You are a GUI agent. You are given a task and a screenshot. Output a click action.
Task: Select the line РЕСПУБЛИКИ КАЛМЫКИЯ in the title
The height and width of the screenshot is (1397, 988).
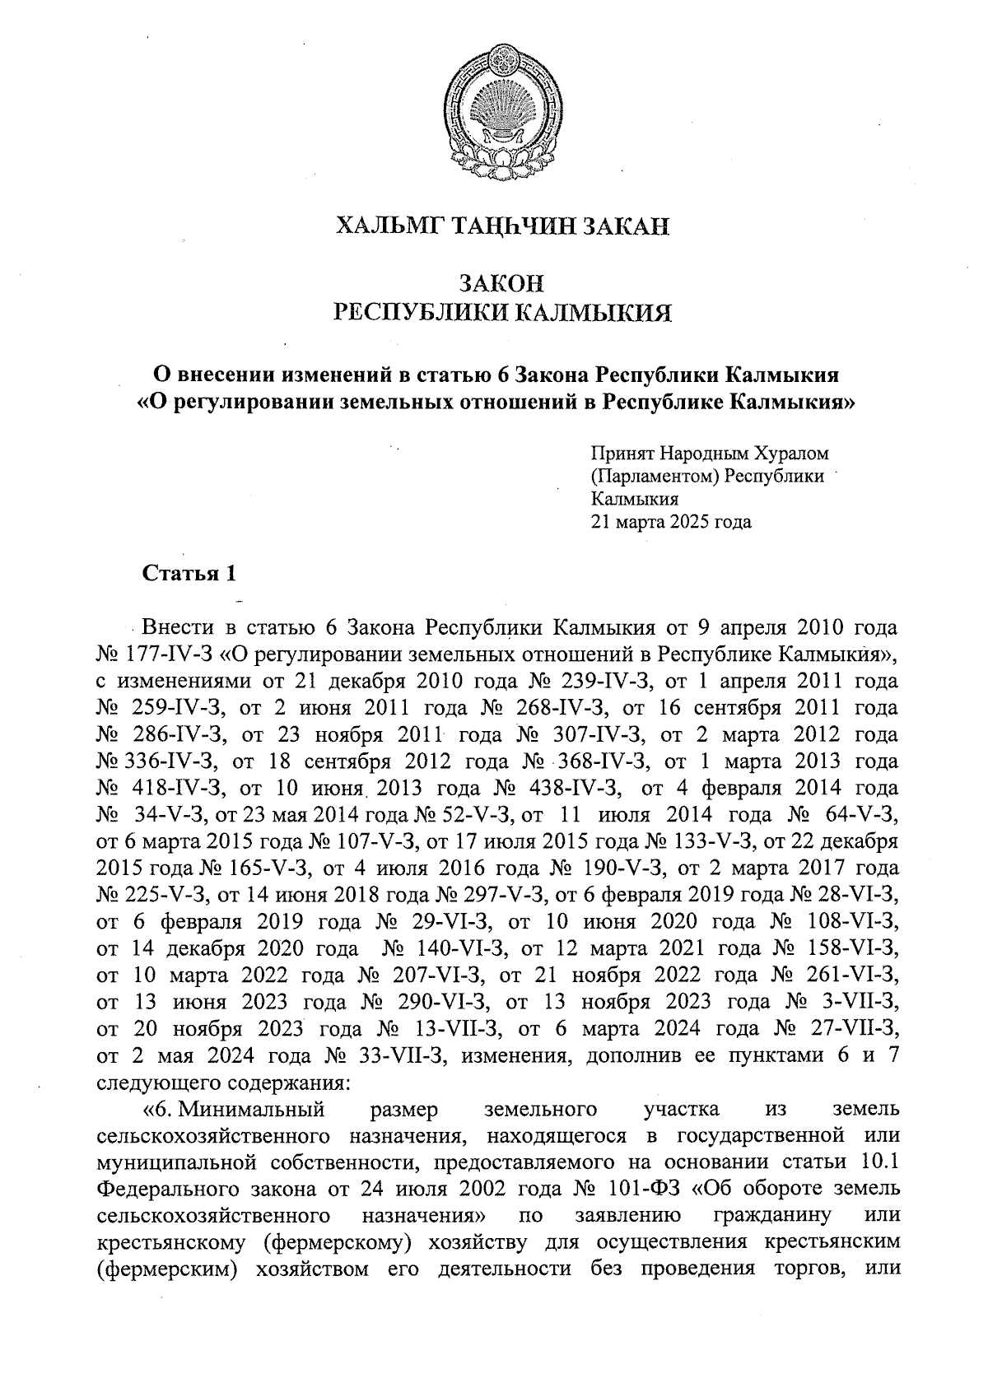[502, 313]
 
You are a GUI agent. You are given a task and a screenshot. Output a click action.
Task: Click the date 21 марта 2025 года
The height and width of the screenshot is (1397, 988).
[671, 522]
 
